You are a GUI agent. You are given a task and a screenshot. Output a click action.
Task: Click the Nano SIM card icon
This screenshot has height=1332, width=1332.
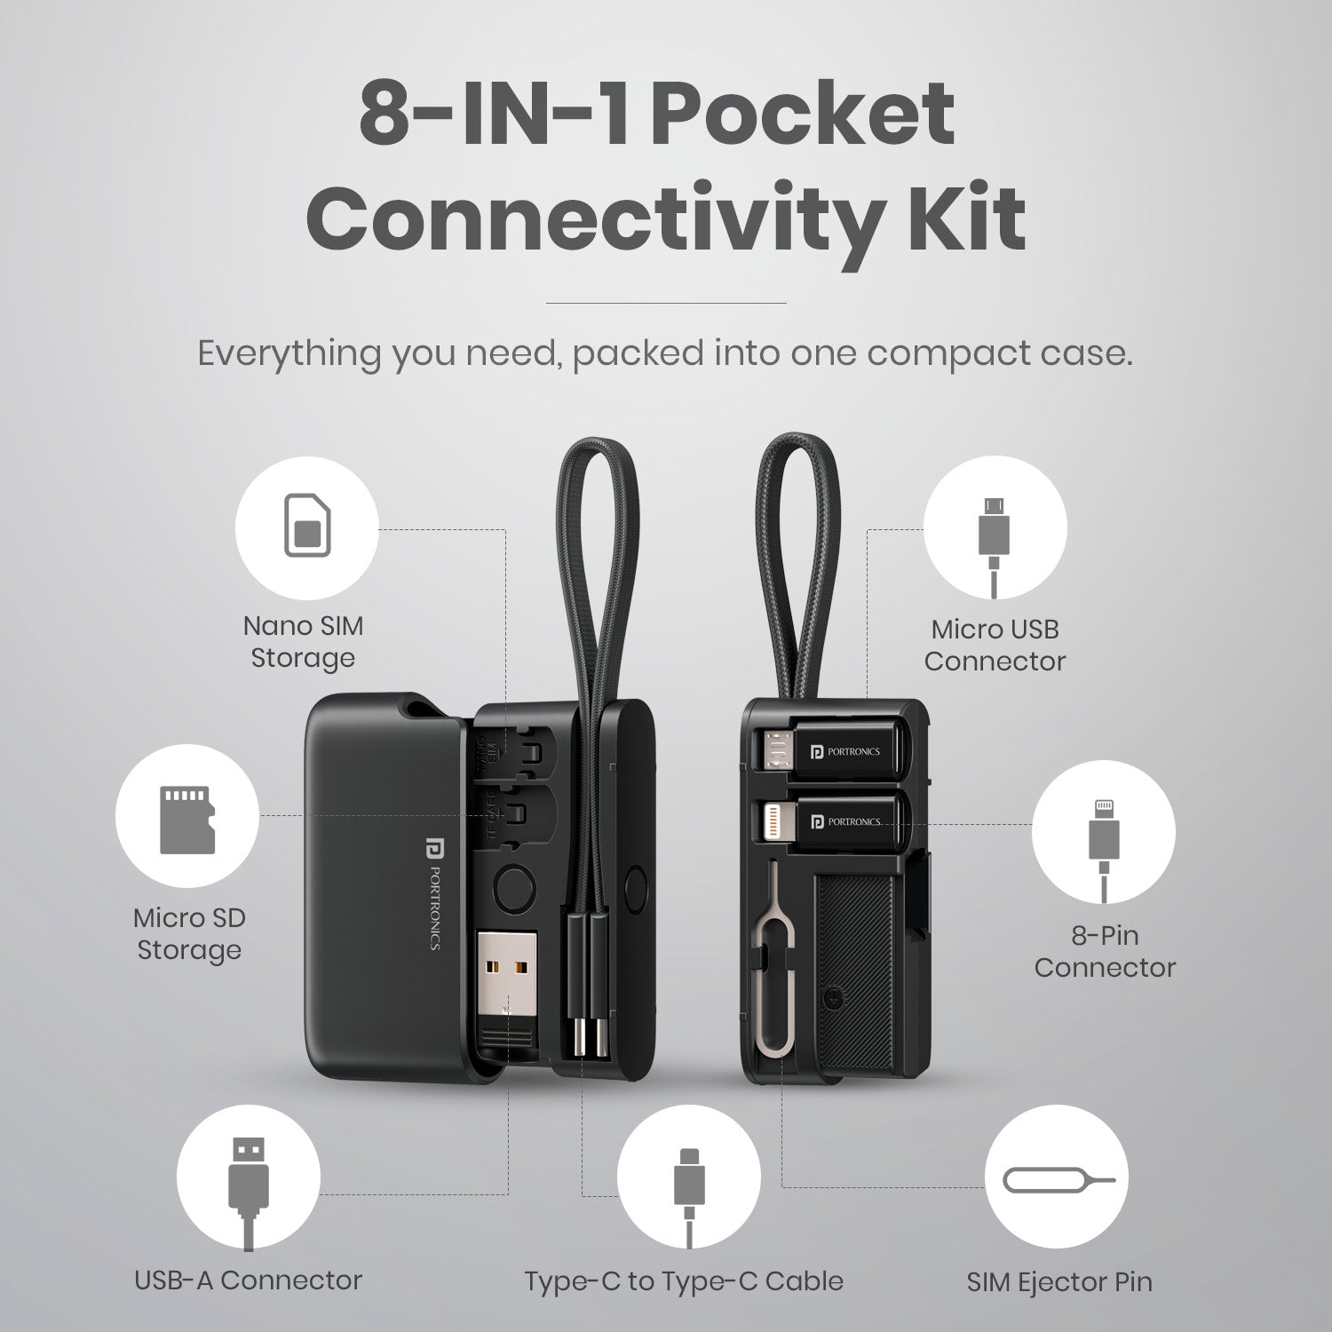pos(305,527)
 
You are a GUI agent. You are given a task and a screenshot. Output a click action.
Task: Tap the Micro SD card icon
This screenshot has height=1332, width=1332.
pos(187,819)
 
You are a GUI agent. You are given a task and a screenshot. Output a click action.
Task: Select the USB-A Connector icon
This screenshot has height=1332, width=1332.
pos(248,1190)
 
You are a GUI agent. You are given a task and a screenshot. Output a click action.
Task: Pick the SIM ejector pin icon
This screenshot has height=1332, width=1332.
pos(1056,1179)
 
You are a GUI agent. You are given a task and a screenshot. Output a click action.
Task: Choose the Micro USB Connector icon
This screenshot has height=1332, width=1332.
pos(995,544)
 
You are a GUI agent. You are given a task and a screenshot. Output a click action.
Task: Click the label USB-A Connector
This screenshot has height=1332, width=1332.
pos(249,1280)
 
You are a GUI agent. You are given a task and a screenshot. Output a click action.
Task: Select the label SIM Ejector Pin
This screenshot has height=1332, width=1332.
pos(1059,1281)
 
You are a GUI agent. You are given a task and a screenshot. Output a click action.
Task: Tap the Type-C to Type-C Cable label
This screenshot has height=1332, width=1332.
pos(684,1280)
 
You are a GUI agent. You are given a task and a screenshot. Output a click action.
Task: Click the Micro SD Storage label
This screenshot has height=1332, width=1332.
pos(189,933)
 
